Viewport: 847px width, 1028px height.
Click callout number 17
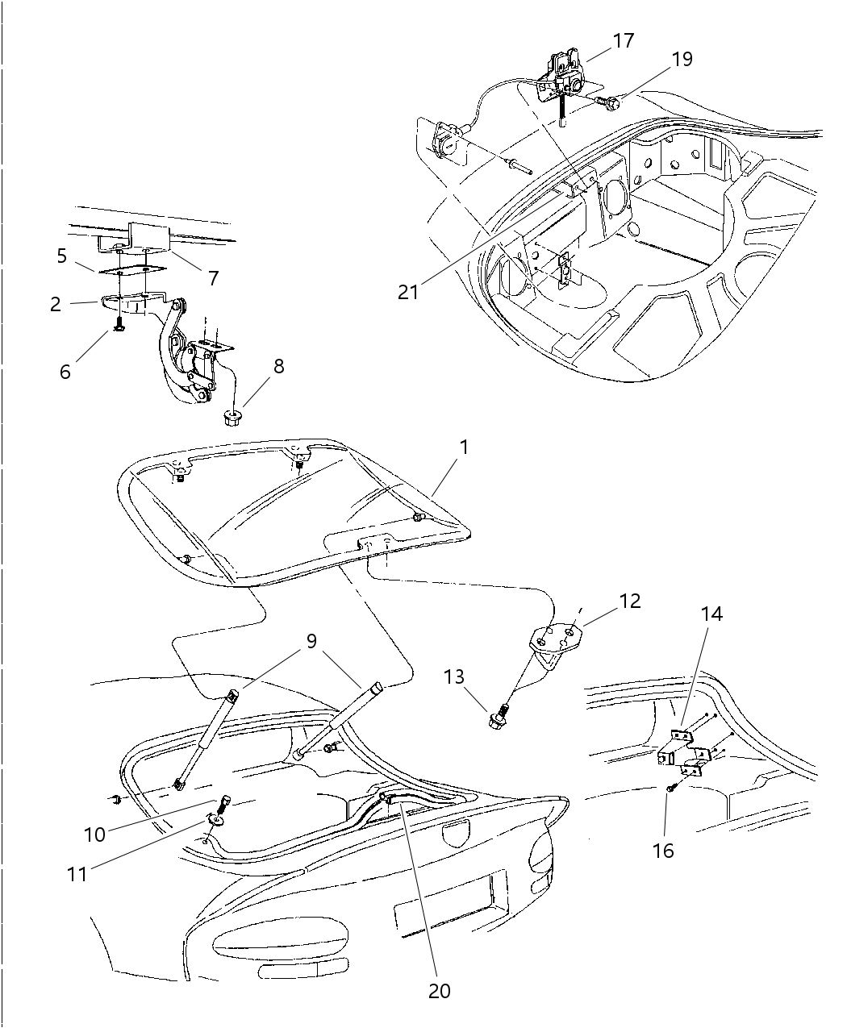click(x=623, y=40)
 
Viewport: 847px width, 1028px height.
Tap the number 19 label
click(x=681, y=60)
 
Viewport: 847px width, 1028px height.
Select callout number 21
click(x=409, y=292)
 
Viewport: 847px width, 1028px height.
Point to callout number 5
click(x=62, y=256)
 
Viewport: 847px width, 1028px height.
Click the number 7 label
click(x=213, y=278)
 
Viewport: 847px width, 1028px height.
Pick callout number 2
click(x=55, y=304)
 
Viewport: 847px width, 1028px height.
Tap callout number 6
click(x=65, y=371)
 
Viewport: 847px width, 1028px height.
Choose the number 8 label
click(x=278, y=365)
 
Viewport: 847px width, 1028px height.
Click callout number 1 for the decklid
click(x=464, y=446)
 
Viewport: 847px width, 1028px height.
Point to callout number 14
click(x=711, y=614)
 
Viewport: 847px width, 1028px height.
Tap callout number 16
click(x=663, y=850)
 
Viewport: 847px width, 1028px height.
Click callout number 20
click(x=440, y=991)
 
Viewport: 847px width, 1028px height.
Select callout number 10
click(x=95, y=834)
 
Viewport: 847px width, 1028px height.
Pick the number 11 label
click(x=77, y=873)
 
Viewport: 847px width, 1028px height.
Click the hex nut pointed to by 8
click(x=233, y=418)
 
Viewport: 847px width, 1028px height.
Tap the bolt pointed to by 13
click(x=497, y=718)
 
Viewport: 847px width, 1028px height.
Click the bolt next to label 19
click(x=611, y=102)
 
